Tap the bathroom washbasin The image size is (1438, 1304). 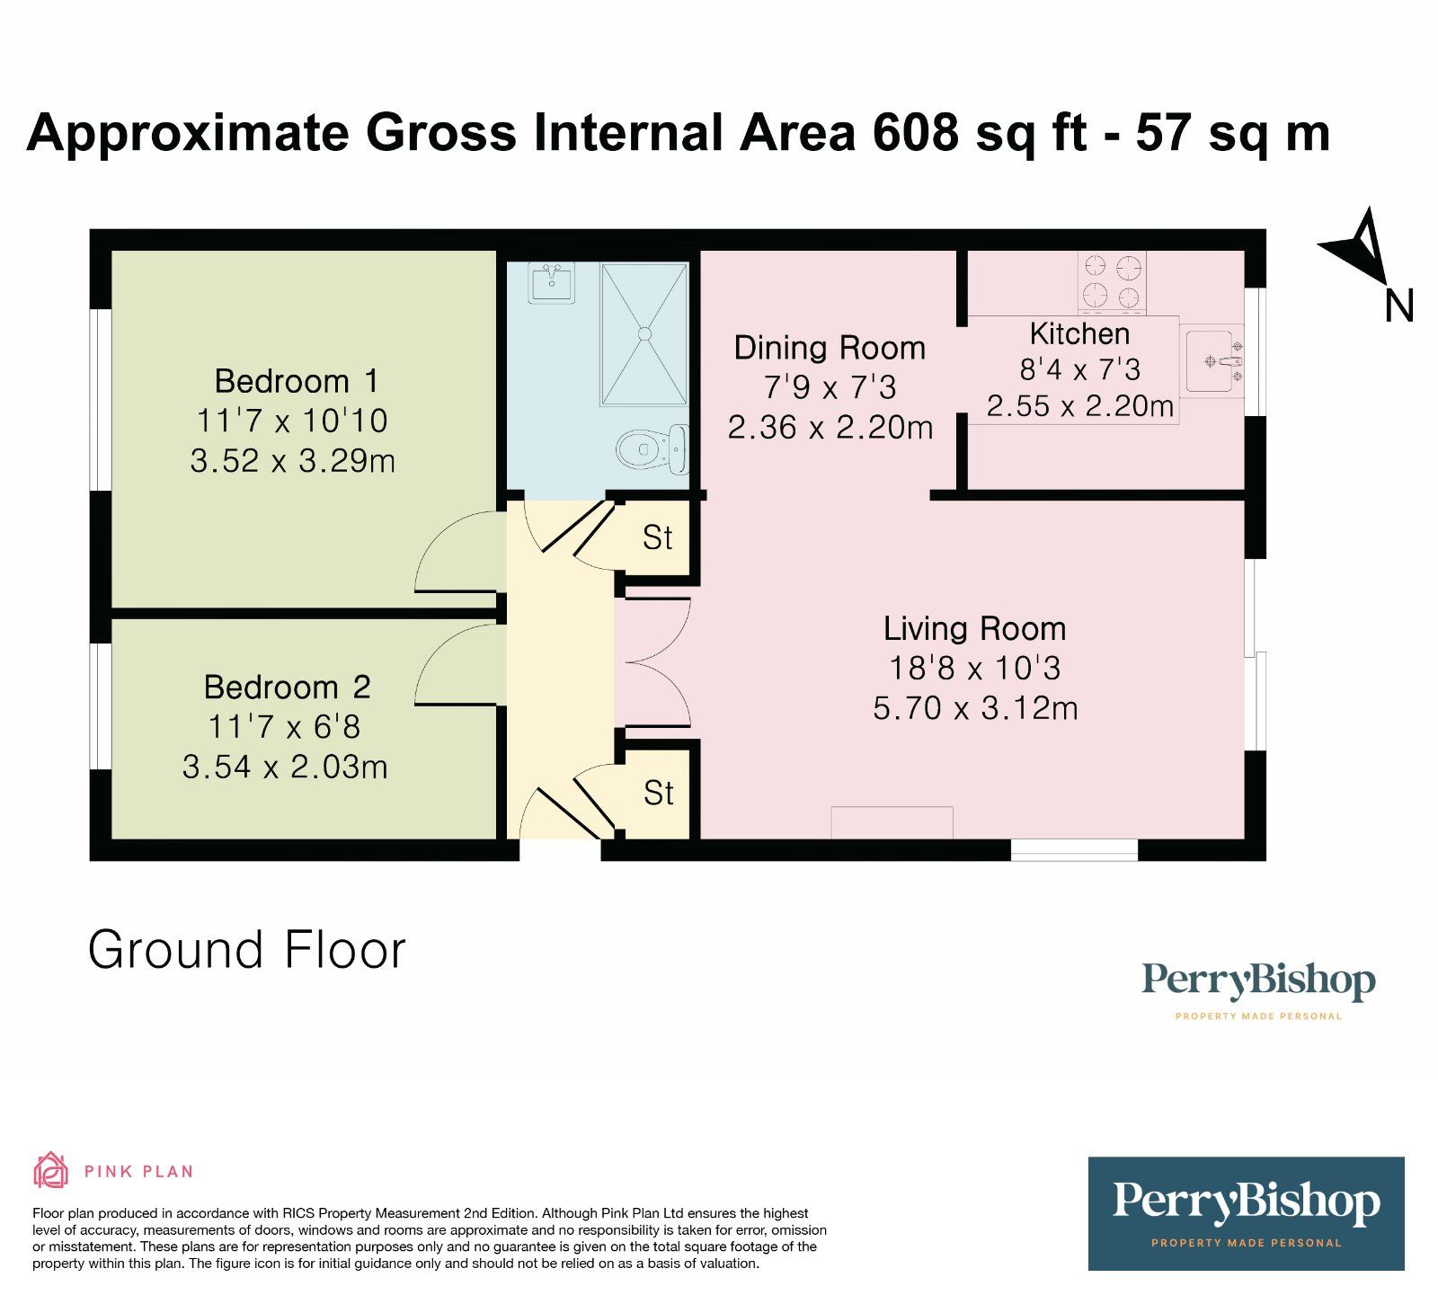click(x=551, y=283)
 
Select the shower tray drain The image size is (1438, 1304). click(x=644, y=333)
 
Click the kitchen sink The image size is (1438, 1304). click(x=1212, y=361)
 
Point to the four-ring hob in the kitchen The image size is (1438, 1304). click(x=1112, y=281)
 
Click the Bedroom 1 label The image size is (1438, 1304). click(x=296, y=381)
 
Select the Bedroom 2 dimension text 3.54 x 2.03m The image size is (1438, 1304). click(x=285, y=767)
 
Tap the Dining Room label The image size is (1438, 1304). click(x=829, y=348)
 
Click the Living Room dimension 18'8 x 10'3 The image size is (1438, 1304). click(x=974, y=668)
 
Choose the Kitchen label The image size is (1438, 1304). click(x=1079, y=333)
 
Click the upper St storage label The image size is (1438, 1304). click(x=657, y=538)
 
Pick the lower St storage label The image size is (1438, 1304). click(x=658, y=794)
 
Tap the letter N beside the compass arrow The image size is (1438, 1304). click(x=1398, y=306)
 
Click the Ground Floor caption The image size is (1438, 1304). click(x=247, y=950)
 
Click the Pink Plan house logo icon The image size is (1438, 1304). click(x=50, y=1170)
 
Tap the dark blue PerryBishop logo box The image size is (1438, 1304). click(x=1246, y=1212)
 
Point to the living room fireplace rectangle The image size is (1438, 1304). click(x=891, y=822)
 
